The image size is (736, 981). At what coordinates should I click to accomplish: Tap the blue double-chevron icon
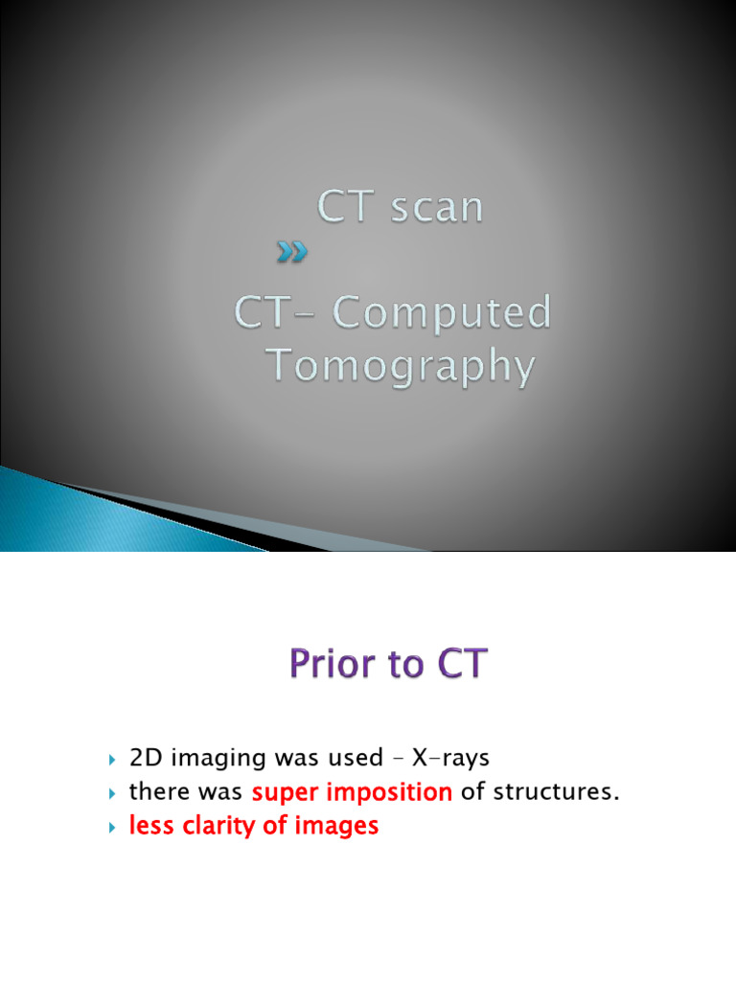click(x=292, y=252)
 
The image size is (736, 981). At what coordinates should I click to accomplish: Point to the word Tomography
click(x=398, y=367)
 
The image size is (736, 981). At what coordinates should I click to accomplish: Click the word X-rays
click(x=450, y=758)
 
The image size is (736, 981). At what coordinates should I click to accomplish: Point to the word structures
click(x=555, y=792)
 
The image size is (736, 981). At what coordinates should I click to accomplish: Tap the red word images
click(x=339, y=826)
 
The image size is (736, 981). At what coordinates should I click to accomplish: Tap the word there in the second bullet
click(x=158, y=792)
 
